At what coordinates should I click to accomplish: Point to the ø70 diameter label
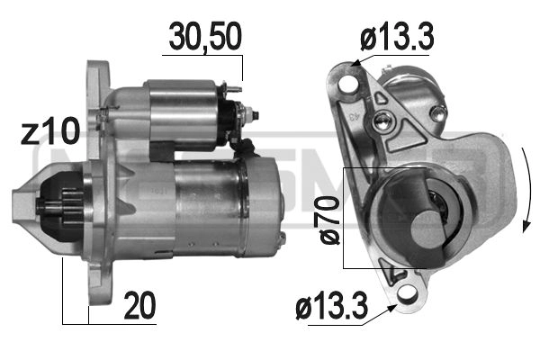[330, 220]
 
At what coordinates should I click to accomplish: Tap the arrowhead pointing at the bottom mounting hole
[393, 307]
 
